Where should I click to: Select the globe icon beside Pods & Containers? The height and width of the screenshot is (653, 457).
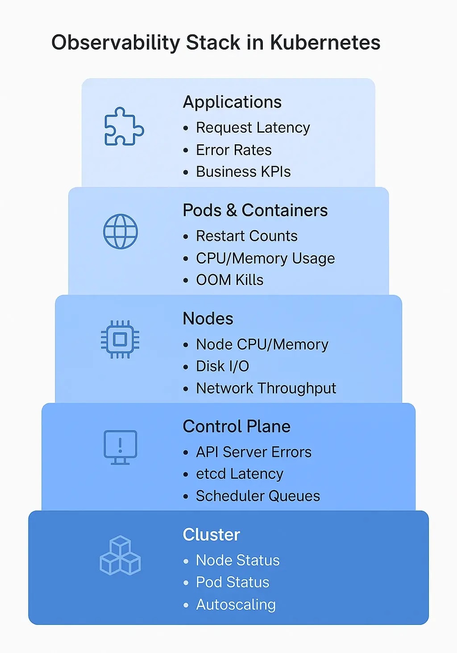(x=120, y=231)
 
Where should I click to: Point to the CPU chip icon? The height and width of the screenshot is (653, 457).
(x=120, y=339)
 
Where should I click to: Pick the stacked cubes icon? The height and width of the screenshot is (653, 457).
(x=120, y=555)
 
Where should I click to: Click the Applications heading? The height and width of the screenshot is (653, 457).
(x=232, y=102)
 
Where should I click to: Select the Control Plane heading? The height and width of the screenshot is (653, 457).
(x=237, y=427)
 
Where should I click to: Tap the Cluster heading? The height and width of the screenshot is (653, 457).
(x=212, y=535)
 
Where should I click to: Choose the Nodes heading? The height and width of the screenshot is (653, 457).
(x=208, y=318)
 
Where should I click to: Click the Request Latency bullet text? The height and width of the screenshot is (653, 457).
(x=253, y=128)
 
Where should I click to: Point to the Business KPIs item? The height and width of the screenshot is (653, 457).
(x=243, y=172)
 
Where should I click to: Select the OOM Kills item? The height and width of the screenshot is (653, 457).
(x=229, y=280)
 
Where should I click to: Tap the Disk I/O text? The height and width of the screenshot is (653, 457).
(x=223, y=366)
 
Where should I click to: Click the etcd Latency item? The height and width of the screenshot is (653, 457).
(x=239, y=474)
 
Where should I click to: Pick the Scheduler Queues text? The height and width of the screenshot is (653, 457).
(x=258, y=496)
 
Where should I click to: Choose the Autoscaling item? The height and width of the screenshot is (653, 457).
(x=236, y=605)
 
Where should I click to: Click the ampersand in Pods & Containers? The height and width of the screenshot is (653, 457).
(x=232, y=210)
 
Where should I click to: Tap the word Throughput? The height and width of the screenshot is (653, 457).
(x=297, y=389)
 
